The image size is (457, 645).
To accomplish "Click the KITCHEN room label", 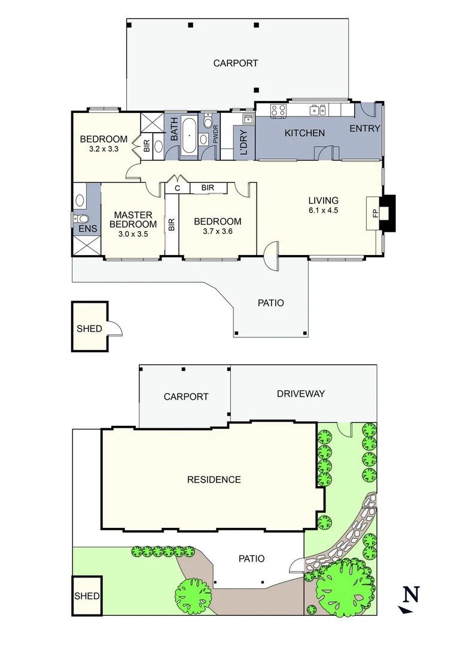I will (304, 133).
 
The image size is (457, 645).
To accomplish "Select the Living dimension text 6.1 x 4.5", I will (323, 210).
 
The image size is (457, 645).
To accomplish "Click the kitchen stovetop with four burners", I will (278, 110).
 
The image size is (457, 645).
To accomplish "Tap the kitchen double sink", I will (317, 110).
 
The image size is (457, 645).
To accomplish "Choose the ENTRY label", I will (365, 128).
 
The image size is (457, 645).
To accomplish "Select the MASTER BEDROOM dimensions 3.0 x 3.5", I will (133, 234).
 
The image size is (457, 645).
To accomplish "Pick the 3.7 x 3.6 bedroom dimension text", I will (217, 231).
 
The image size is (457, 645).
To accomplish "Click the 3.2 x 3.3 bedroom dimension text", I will (103, 149).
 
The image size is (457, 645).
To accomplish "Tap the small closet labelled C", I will (177, 188).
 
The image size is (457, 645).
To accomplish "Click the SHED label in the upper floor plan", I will (89, 328).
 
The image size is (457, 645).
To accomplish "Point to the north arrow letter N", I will (410, 594).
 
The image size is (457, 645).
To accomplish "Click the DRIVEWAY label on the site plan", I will (300, 394).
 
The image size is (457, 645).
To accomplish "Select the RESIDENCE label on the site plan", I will (214, 480).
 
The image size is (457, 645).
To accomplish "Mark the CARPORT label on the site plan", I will (186, 397).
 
